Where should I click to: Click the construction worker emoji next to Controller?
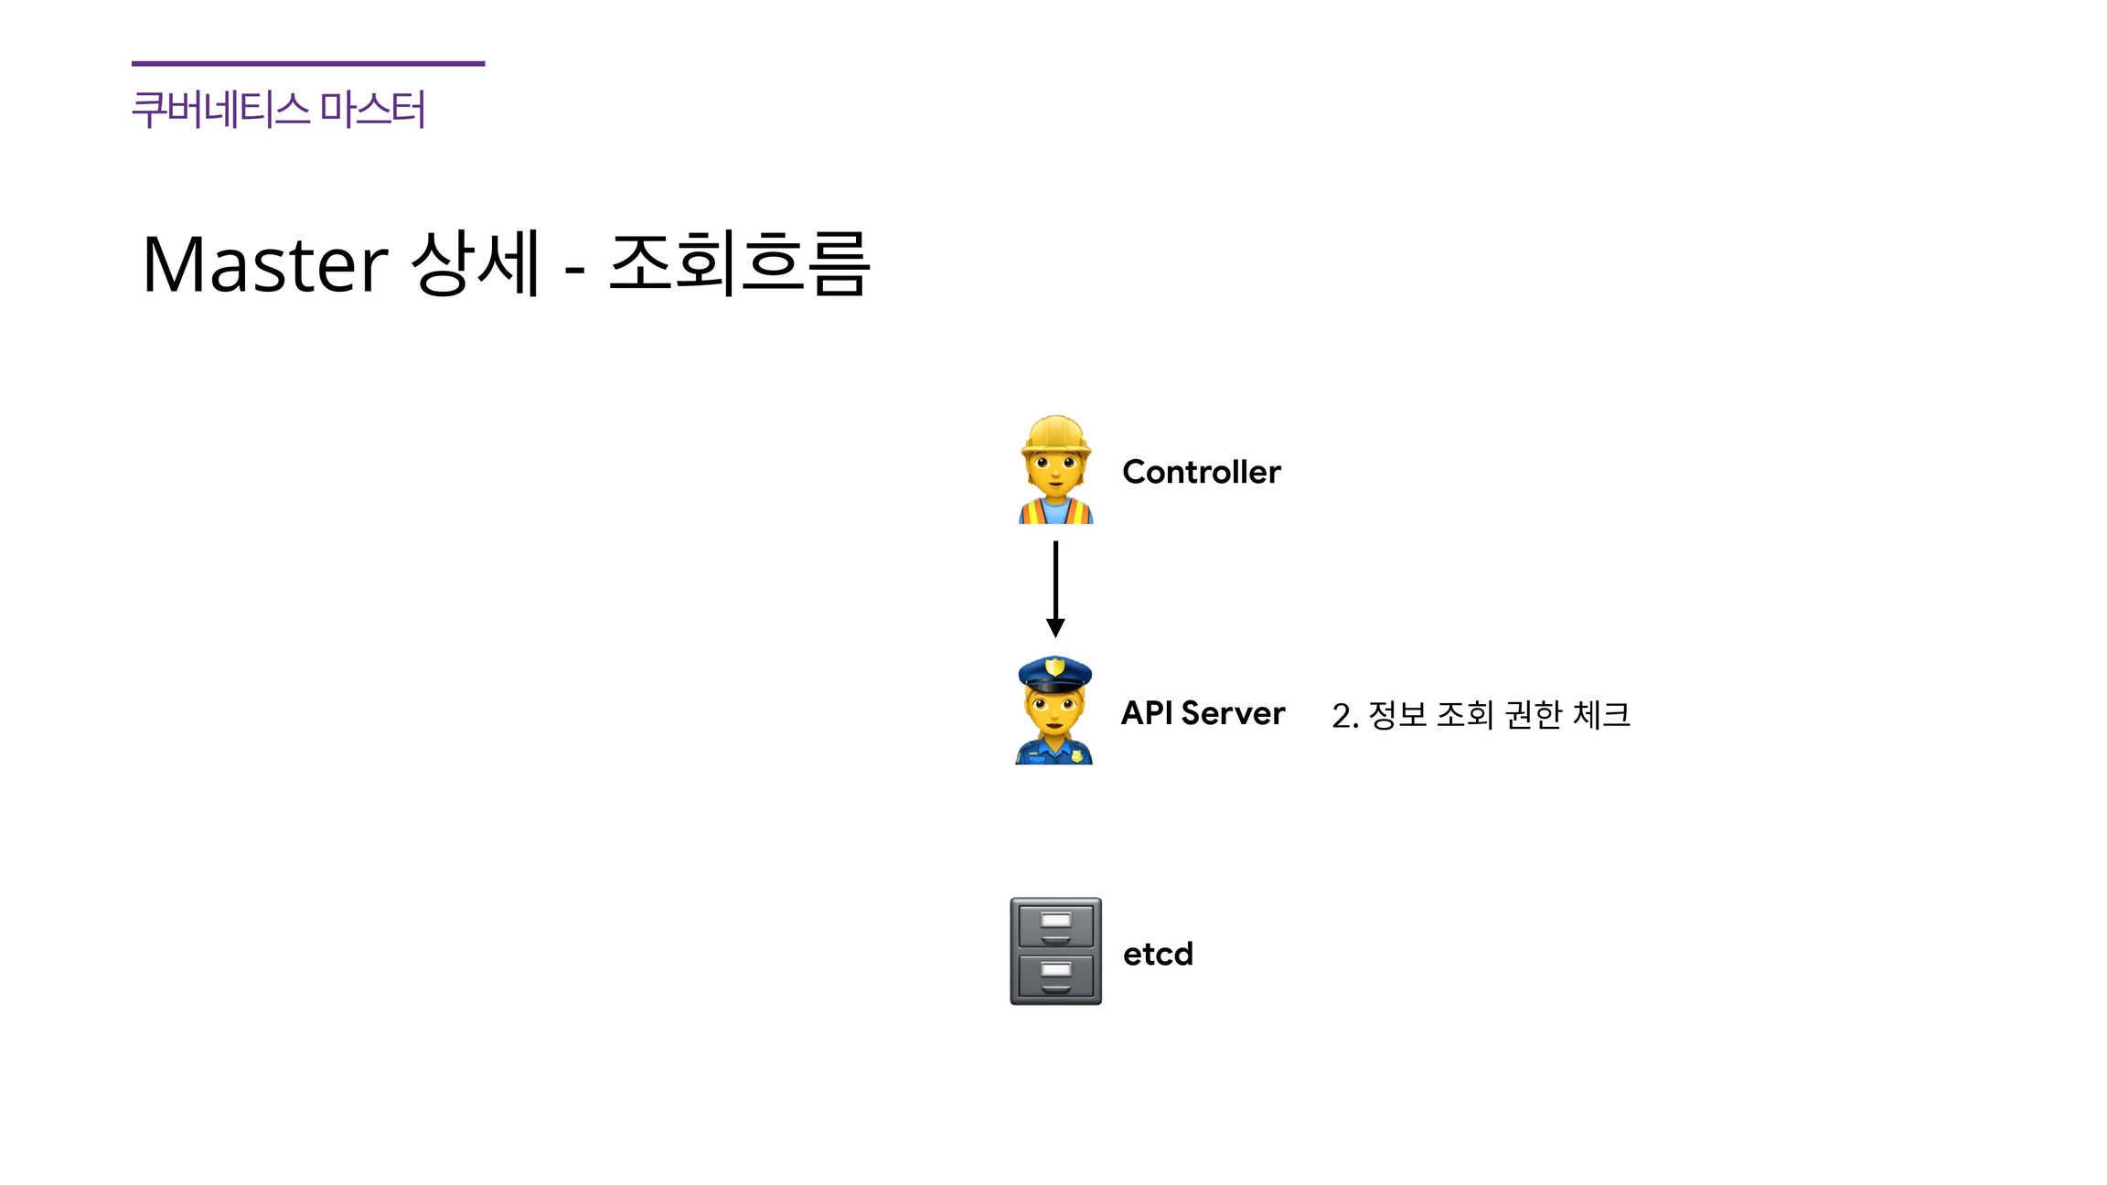click(x=1055, y=470)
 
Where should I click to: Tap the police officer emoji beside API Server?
click(x=1054, y=711)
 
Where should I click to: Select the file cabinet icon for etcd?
click(x=1055, y=951)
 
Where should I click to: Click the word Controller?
click(x=1201, y=472)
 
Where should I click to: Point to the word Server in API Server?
click(x=1233, y=713)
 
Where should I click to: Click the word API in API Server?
click(x=1147, y=713)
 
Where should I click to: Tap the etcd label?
click(x=1158, y=954)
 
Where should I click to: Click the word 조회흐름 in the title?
click(x=739, y=263)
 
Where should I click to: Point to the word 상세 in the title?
click(x=476, y=263)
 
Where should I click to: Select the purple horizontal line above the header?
click(x=308, y=63)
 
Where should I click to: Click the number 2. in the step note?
click(x=1344, y=716)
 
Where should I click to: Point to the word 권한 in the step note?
click(x=1533, y=714)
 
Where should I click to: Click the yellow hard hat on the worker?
click(x=1055, y=433)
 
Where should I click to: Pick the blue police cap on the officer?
click(x=1054, y=674)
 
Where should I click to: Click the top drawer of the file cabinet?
click(x=1055, y=924)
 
